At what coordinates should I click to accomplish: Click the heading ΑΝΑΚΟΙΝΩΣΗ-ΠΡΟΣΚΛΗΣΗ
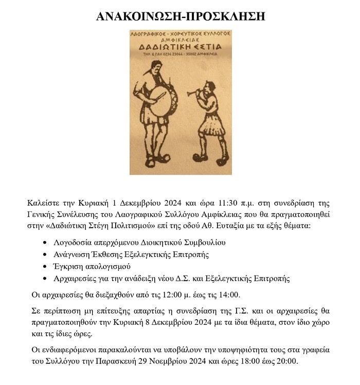pyautogui.click(x=180, y=16)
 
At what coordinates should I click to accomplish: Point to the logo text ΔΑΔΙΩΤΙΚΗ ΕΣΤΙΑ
pyautogui.click(x=179, y=47)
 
